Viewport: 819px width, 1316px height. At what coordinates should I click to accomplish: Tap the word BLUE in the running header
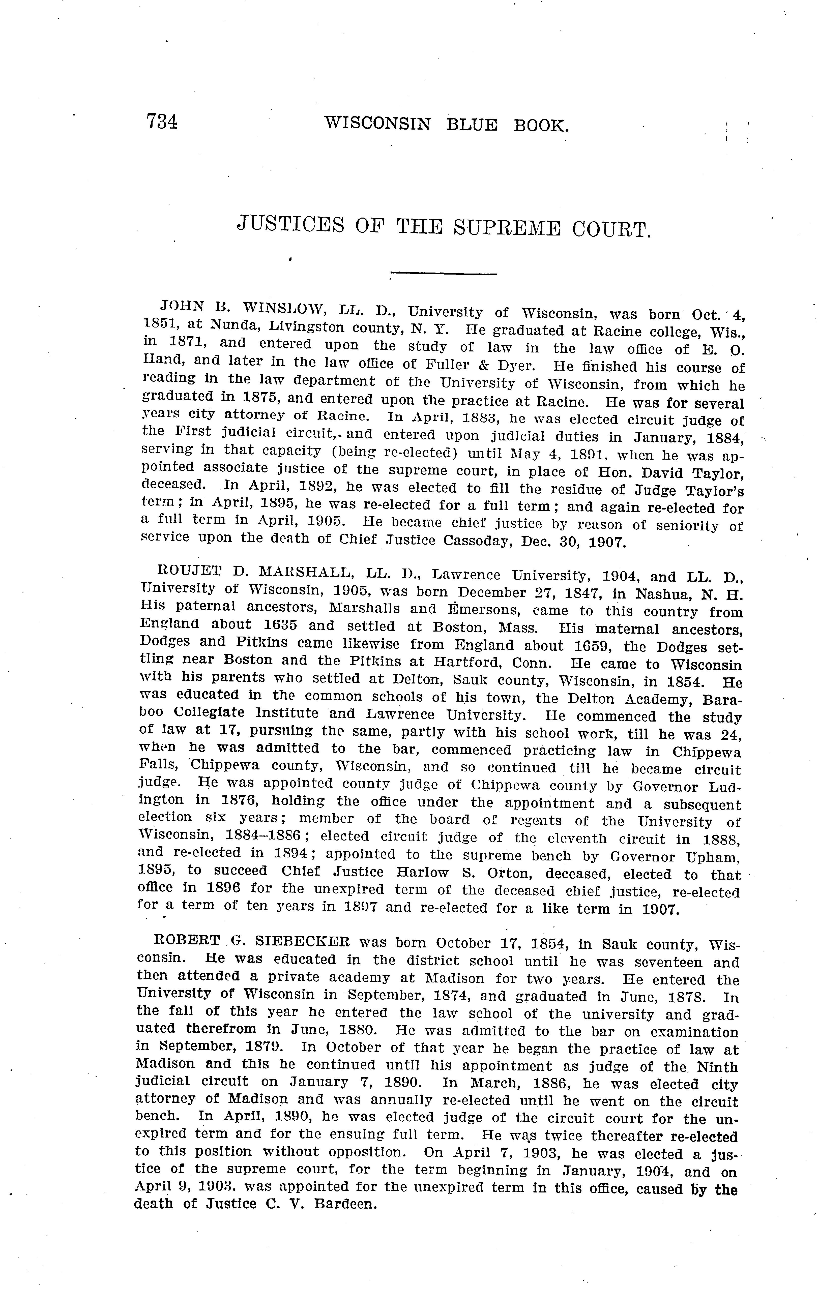471,125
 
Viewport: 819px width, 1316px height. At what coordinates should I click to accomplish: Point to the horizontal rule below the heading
443,274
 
